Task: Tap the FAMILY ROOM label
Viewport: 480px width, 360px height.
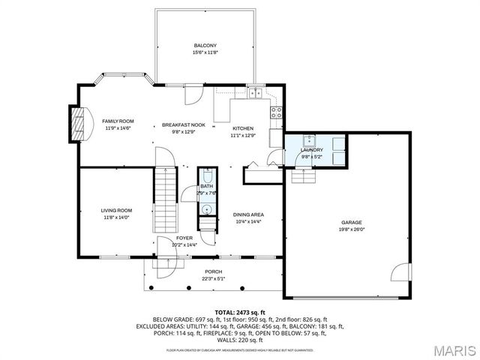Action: [118, 121]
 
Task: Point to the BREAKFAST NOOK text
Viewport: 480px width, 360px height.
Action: [184, 125]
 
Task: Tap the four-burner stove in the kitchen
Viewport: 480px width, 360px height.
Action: [277, 112]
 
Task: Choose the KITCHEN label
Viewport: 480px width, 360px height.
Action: [243, 128]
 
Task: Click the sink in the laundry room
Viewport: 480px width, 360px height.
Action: [308, 140]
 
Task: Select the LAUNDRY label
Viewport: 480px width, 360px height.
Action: [311, 150]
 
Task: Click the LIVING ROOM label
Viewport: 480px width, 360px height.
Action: [117, 211]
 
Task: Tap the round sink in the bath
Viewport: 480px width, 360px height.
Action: [206, 208]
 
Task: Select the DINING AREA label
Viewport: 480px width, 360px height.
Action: [247, 214]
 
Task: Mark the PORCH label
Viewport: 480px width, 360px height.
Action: [214, 271]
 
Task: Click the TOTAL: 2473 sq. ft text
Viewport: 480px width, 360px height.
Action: [240, 311]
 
